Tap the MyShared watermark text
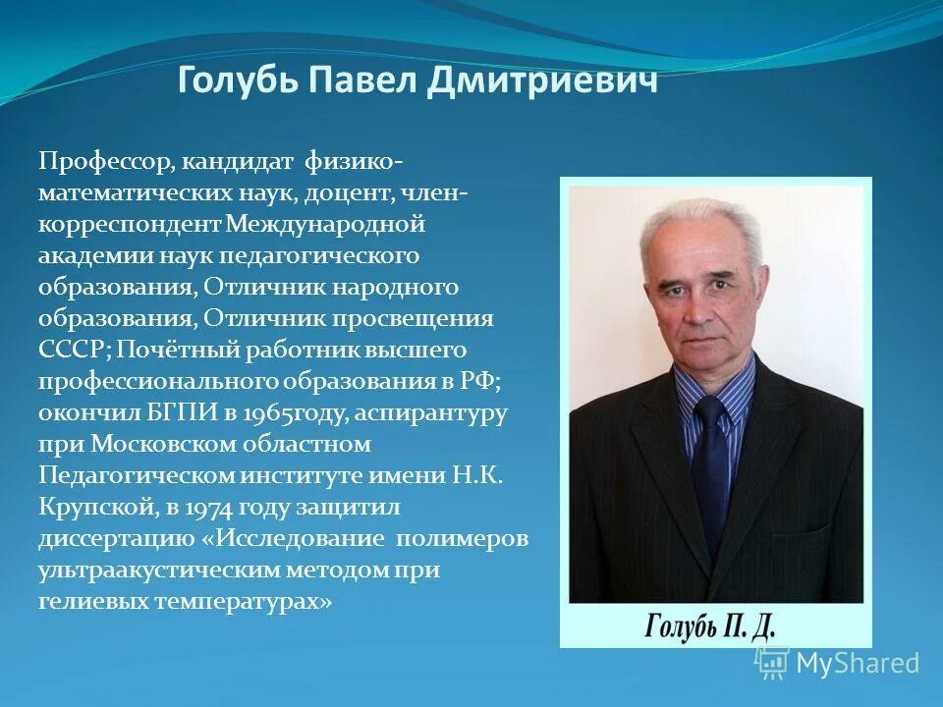857,663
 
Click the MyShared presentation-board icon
772,663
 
